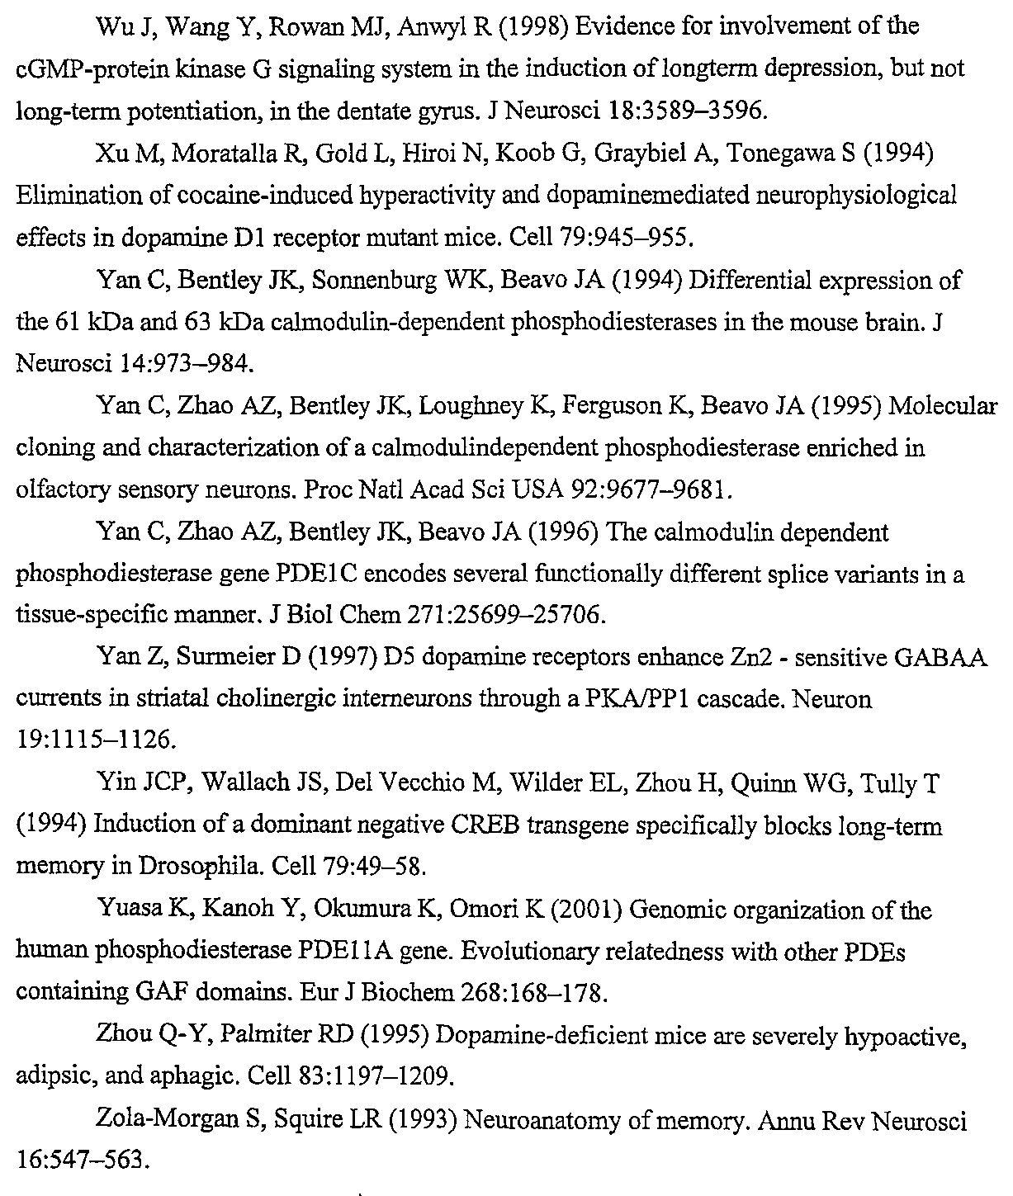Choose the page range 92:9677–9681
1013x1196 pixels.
coord(650,490)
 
